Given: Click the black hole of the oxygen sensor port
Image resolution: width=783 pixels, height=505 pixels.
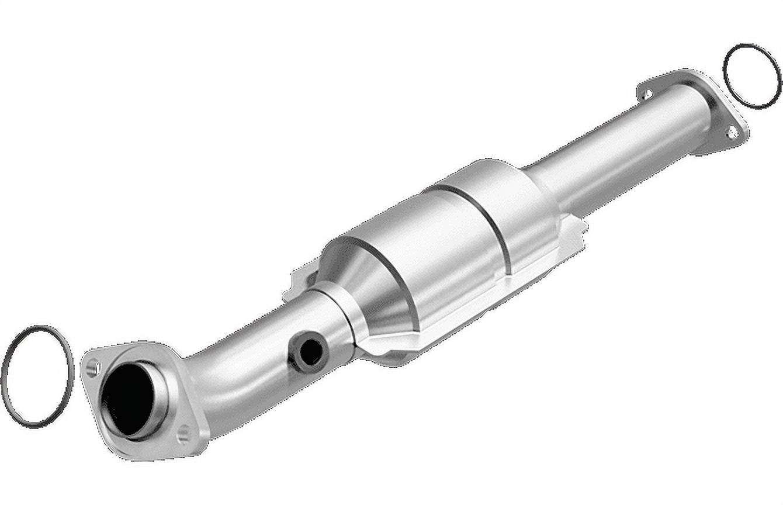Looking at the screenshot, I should click(311, 351).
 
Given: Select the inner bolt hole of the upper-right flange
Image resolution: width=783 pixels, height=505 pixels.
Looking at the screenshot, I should click(646, 94).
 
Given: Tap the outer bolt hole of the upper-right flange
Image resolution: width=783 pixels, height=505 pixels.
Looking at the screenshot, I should click(732, 133).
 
